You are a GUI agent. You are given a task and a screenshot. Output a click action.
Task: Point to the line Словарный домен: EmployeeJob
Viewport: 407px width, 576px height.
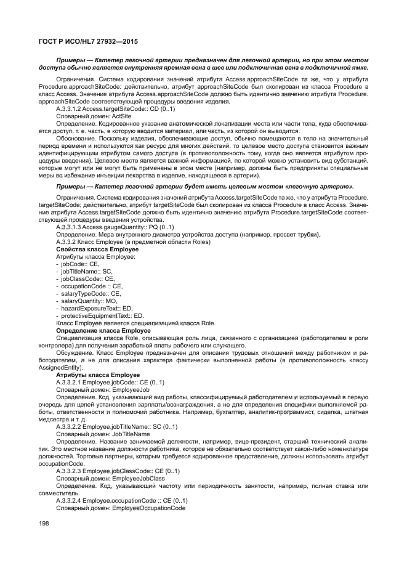102,389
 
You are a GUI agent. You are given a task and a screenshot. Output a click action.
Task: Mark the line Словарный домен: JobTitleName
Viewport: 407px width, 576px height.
103,434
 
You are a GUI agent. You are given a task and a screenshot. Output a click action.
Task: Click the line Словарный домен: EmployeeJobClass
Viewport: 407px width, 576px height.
110,478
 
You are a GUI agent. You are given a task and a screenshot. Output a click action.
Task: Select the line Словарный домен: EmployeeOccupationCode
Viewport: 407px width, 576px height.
120,508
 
